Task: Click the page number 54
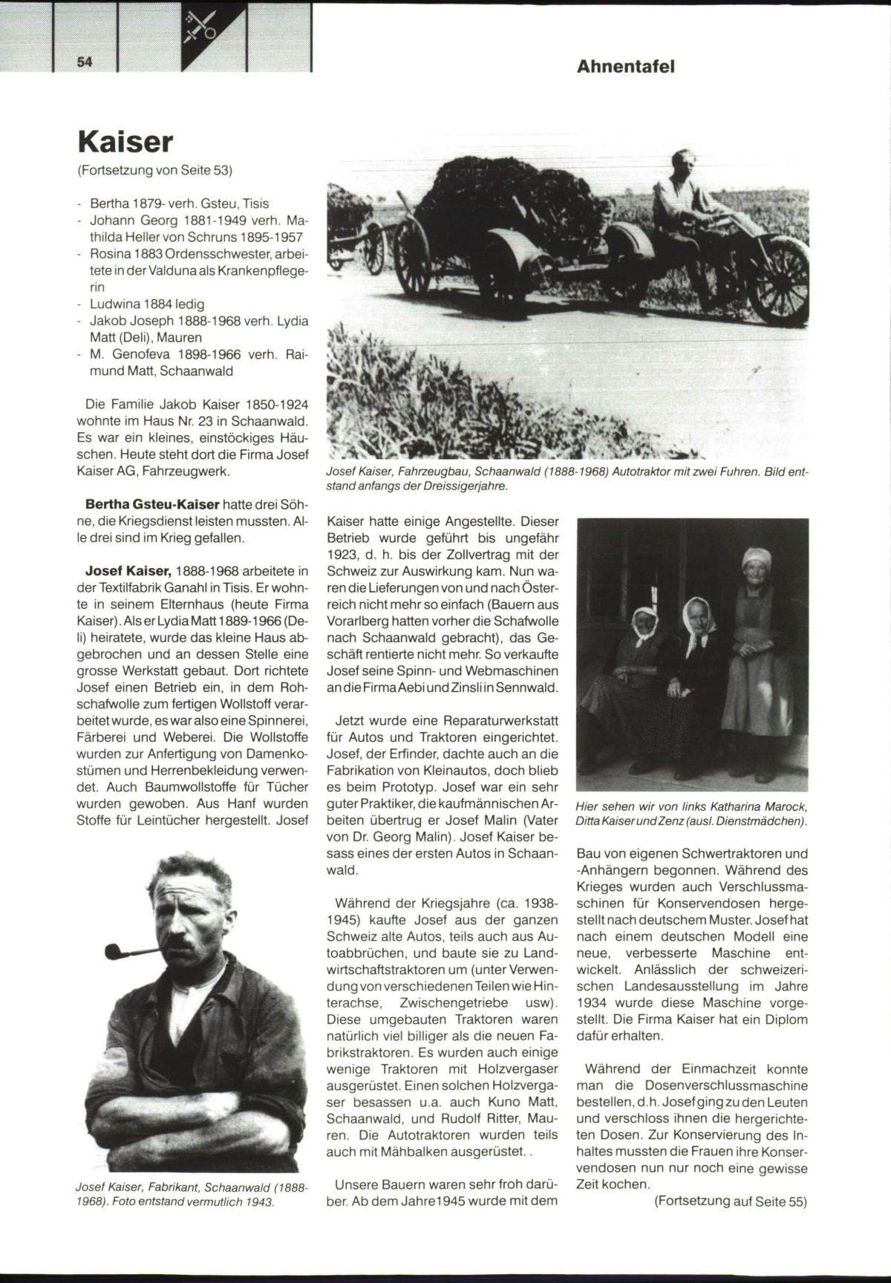(x=84, y=62)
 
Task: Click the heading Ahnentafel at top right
(x=625, y=66)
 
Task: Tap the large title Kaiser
(x=125, y=141)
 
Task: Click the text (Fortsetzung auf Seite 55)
(x=730, y=1201)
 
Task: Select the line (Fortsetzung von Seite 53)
(x=154, y=170)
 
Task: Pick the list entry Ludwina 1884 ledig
(x=147, y=304)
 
